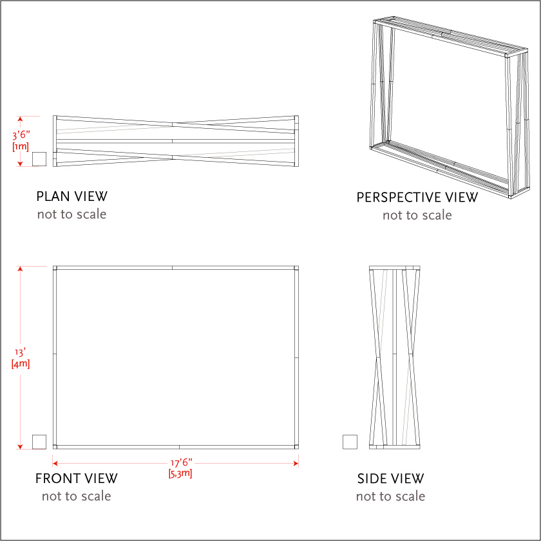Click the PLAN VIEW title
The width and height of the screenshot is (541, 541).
pos(71,196)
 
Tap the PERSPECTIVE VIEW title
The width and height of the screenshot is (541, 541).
pos(417,197)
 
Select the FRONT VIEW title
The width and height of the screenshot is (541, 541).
pos(76,479)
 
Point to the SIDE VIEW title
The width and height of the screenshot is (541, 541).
pos(390,479)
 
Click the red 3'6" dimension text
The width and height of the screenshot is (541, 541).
pos(21,135)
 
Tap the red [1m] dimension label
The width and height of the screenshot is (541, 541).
pos(21,146)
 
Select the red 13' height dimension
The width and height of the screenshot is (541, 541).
pos(20,352)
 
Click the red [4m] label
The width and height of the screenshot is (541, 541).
pos(21,364)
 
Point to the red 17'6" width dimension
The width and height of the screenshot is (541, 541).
pos(182,462)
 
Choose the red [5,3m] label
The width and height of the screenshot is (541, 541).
pos(180,473)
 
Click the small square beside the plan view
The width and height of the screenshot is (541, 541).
pos(39,159)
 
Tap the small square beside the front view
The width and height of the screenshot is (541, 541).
pos(39,442)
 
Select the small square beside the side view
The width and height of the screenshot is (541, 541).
pos(350,442)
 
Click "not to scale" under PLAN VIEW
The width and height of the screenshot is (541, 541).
pos(71,214)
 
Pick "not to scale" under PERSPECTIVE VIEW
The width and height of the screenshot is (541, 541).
pos(417,215)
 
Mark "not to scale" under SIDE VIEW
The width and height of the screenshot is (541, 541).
pos(390,496)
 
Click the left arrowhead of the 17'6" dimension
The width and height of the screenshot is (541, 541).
pos(55,463)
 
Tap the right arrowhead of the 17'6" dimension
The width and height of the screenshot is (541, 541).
pos(296,463)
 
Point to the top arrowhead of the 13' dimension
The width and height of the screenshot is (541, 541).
pos(20,269)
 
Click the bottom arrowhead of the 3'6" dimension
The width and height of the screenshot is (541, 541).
pos(20,164)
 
